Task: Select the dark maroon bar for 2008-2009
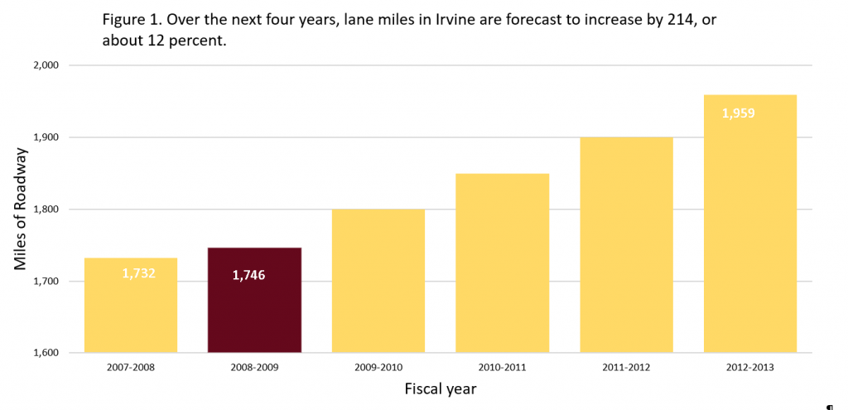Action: (253, 300)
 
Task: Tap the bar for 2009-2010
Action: (378, 281)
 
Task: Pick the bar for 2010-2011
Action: (502, 263)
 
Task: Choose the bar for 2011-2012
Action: (626, 244)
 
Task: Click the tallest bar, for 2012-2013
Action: (749, 224)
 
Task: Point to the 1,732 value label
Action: (138, 273)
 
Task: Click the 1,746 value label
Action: (248, 275)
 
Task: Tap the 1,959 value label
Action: (738, 113)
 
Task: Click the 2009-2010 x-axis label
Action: (378, 367)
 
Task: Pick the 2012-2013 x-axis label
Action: (750, 367)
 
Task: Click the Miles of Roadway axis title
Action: (21, 209)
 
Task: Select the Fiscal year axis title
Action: (440, 388)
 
